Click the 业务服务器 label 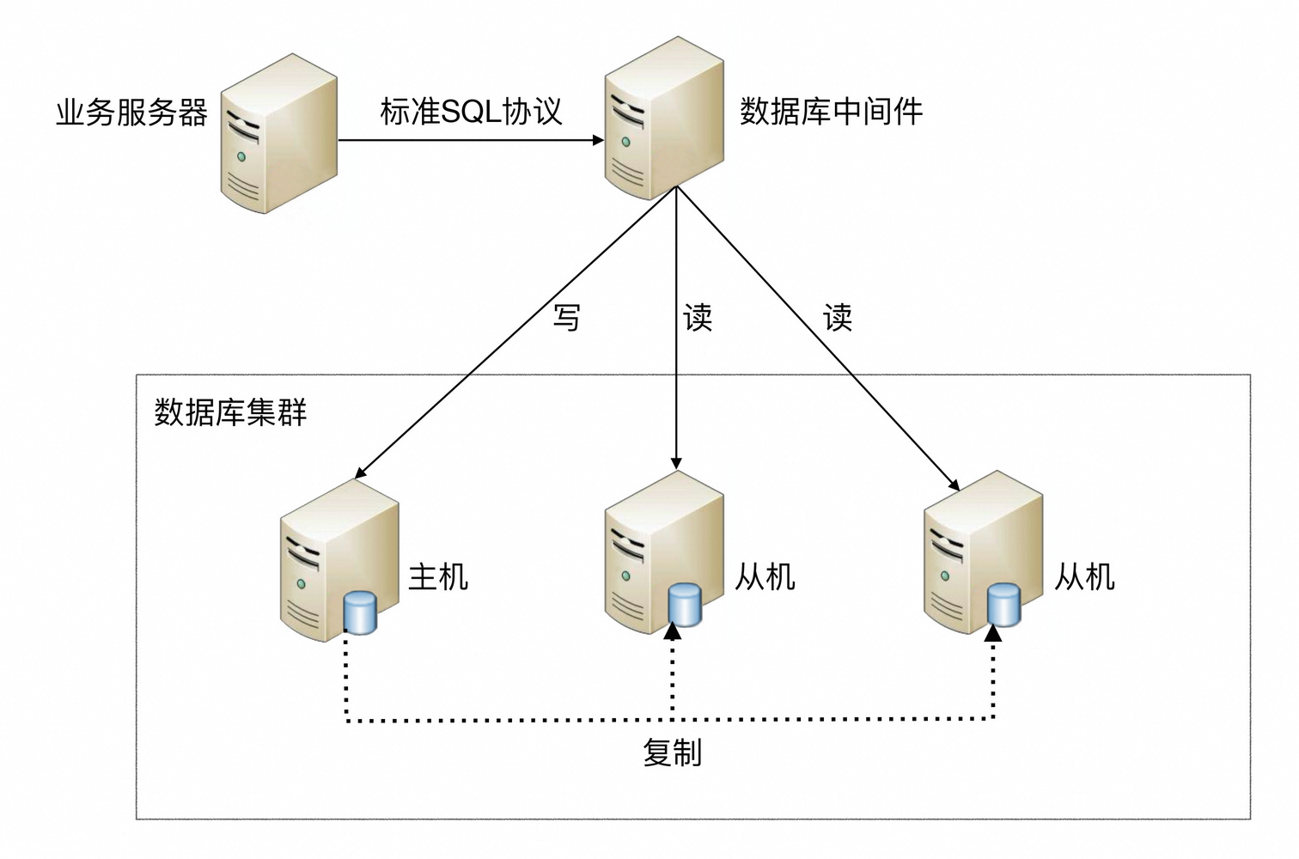tap(131, 113)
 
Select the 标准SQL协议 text tap(471, 112)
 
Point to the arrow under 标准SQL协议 tap(471, 140)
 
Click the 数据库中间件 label tap(831, 112)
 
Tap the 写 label tap(566, 318)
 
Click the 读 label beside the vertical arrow tap(698, 318)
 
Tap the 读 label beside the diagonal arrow tap(838, 318)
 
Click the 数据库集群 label tap(230, 413)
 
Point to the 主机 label tap(438, 576)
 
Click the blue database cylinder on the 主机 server tap(361, 612)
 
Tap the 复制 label tap(673, 752)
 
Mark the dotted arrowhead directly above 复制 tap(673, 631)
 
